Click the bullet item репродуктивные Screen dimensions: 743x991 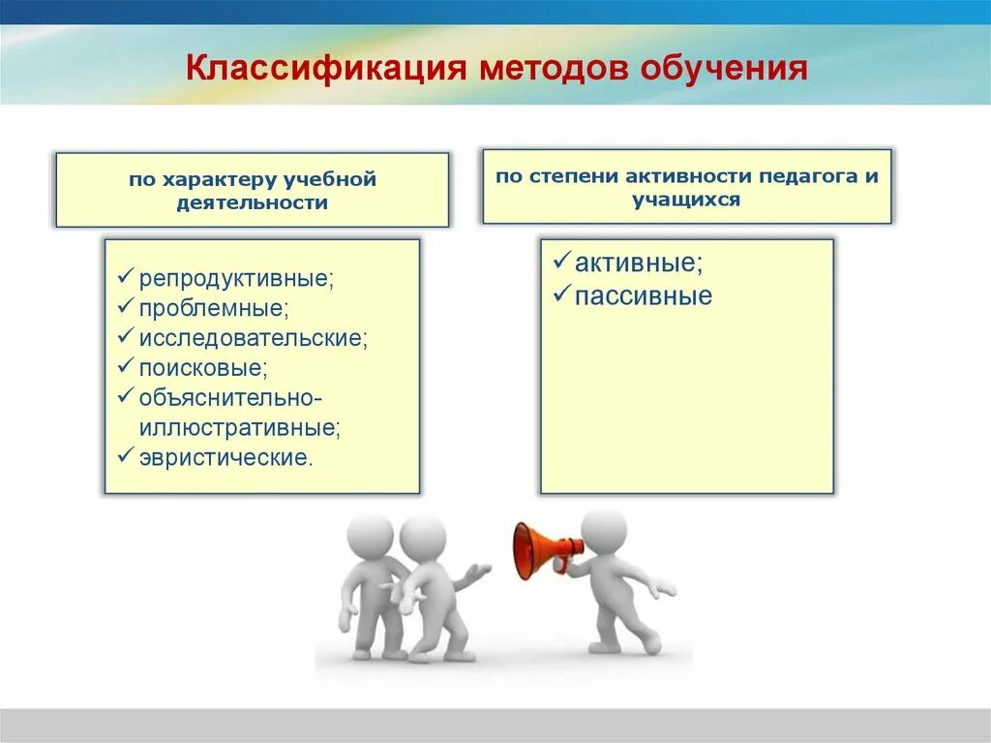tap(236, 279)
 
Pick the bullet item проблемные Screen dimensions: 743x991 tap(214, 309)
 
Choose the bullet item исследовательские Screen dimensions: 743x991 tap(254, 339)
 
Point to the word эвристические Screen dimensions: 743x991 tap(226, 457)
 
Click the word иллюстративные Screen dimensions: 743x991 tap(239, 427)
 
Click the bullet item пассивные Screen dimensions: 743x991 tap(643, 296)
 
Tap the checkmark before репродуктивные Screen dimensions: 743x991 tap(125, 278)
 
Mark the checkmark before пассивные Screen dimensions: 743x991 tap(560, 295)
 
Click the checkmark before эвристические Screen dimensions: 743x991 tap(125, 456)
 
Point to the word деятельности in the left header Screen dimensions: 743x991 tap(252, 202)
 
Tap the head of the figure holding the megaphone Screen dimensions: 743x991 tap(604, 532)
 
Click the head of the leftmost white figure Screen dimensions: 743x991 tap(370, 534)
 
